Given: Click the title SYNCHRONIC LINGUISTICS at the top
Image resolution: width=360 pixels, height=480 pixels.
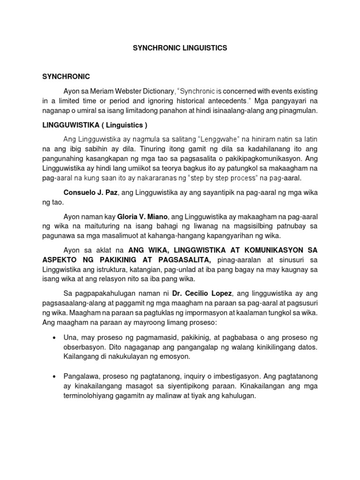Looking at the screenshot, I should (x=180, y=48).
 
